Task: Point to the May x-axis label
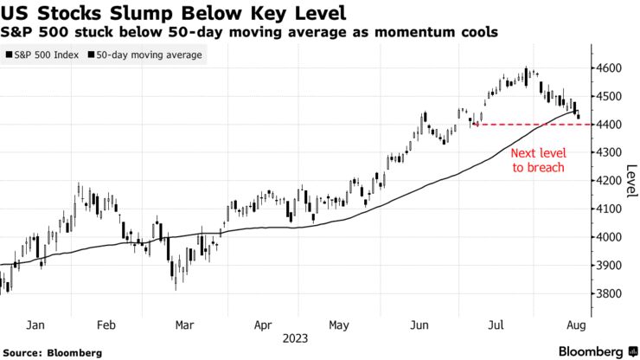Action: click(339, 325)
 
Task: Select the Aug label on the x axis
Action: click(574, 325)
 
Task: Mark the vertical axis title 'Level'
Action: click(631, 181)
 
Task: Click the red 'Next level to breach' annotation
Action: click(537, 160)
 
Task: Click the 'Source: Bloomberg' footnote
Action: click(51, 352)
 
